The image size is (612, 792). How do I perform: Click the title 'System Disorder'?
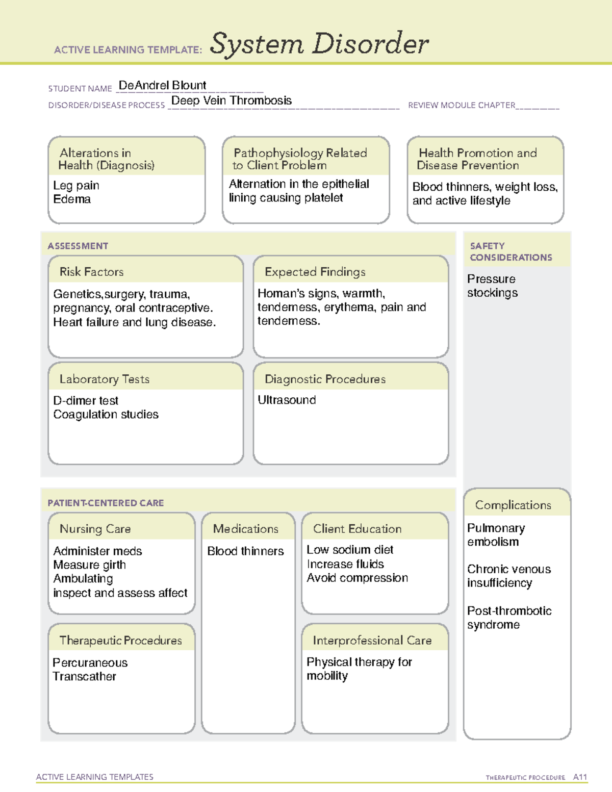pyautogui.click(x=319, y=44)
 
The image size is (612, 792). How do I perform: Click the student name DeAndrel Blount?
pyautogui.click(x=162, y=85)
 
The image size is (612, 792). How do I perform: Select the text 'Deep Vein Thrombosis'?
pyautogui.click(x=232, y=100)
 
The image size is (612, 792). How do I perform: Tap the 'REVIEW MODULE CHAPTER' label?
pyautogui.click(x=462, y=105)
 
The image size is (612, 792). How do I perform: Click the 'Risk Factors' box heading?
pyautogui.click(x=91, y=272)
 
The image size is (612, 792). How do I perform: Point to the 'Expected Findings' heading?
pyautogui.click(x=315, y=272)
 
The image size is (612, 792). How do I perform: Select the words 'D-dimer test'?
pyautogui.click(x=86, y=400)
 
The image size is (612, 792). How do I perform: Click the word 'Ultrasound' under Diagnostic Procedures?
pyautogui.click(x=287, y=400)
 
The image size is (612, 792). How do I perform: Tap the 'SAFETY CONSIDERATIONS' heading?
pyautogui.click(x=511, y=251)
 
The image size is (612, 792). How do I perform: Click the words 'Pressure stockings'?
pyautogui.click(x=492, y=286)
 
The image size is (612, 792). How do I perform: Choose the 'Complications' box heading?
pyautogui.click(x=513, y=505)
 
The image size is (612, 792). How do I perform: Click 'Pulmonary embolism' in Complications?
pyautogui.click(x=496, y=534)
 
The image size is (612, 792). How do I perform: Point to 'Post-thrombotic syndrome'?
pyautogui.click(x=509, y=618)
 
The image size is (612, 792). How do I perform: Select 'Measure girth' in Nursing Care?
pyautogui.click(x=89, y=565)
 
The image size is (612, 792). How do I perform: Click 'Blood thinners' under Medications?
pyautogui.click(x=245, y=551)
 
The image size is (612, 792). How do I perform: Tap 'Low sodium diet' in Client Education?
pyautogui.click(x=350, y=549)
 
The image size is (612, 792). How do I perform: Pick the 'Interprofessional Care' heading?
pyautogui.click(x=372, y=640)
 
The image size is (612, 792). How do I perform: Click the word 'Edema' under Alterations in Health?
pyautogui.click(x=72, y=199)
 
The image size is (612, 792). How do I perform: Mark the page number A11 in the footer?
pyautogui.click(x=580, y=777)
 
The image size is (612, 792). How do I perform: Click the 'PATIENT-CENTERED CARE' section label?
pyautogui.click(x=106, y=503)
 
